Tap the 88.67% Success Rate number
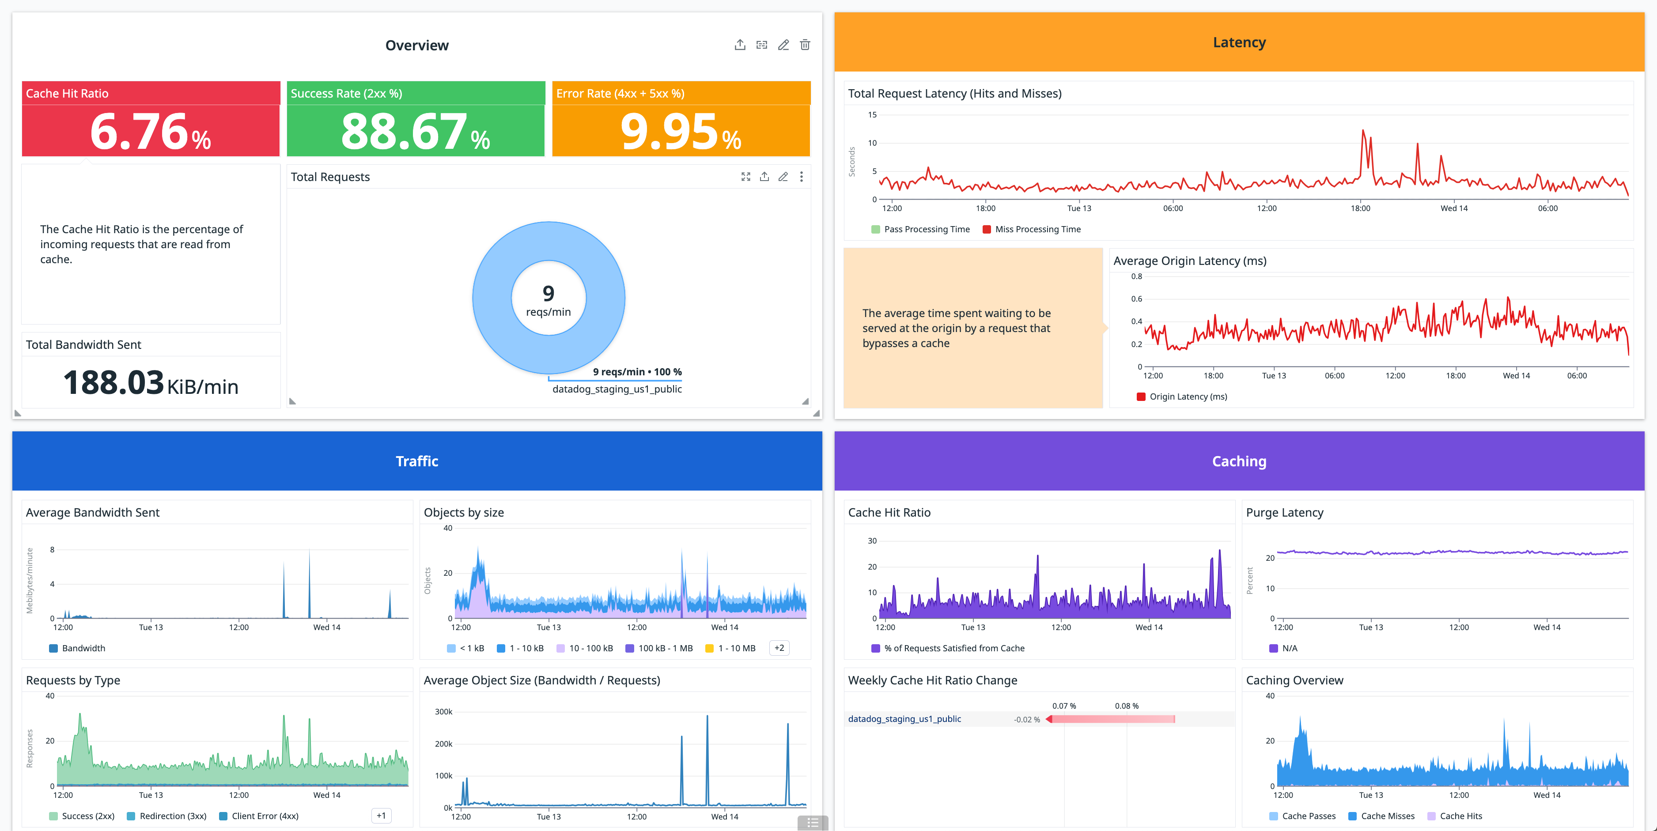point(415,132)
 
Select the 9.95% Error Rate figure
point(680,132)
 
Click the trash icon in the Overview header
point(805,45)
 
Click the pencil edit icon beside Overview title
point(783,45)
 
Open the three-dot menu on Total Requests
point(801,177)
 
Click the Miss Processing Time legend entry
point(1037,230)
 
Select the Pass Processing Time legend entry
point(926,230)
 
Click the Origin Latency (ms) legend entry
point(1188,397)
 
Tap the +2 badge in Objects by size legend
point(779,648)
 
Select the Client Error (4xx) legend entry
point(265,816)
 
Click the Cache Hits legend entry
point(1460,816)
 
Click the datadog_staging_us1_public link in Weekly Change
point(904,719)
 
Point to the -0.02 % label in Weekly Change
point(1027,720)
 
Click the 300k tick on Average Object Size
point(444,712)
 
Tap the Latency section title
point(1239,42)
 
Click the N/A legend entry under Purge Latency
point(1289,648)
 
